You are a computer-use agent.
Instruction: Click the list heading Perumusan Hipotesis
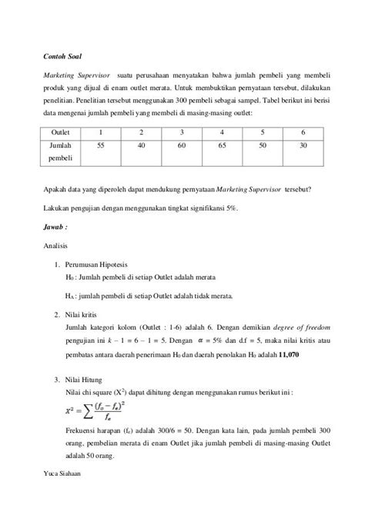tap(100, 264)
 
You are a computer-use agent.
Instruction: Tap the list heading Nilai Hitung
tap(85, 380)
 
